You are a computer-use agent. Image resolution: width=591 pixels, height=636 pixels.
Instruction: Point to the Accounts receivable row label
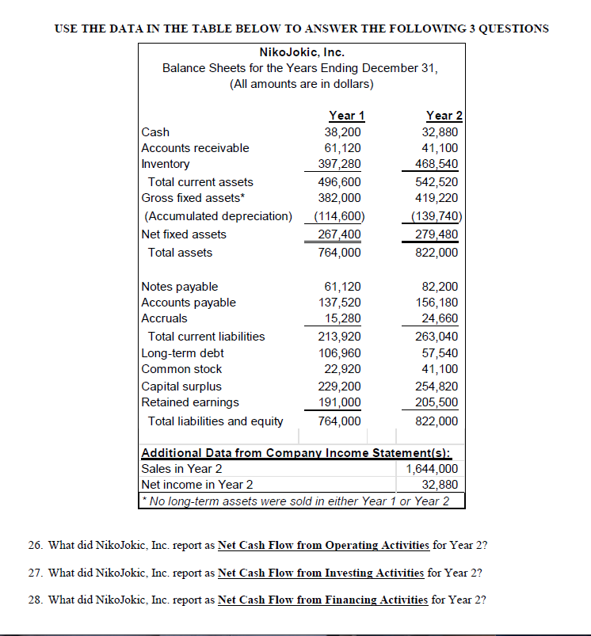[x=195, y=148]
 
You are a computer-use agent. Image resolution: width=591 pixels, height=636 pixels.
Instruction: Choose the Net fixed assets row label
[x=184, y=234]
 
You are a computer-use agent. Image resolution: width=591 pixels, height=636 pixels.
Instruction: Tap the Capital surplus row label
[x=181, y=387]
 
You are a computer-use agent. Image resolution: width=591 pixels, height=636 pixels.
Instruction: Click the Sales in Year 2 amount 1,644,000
[x=432, y=468]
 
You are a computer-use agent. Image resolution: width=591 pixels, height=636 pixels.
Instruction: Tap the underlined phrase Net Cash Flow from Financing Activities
[x=322, y=600]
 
